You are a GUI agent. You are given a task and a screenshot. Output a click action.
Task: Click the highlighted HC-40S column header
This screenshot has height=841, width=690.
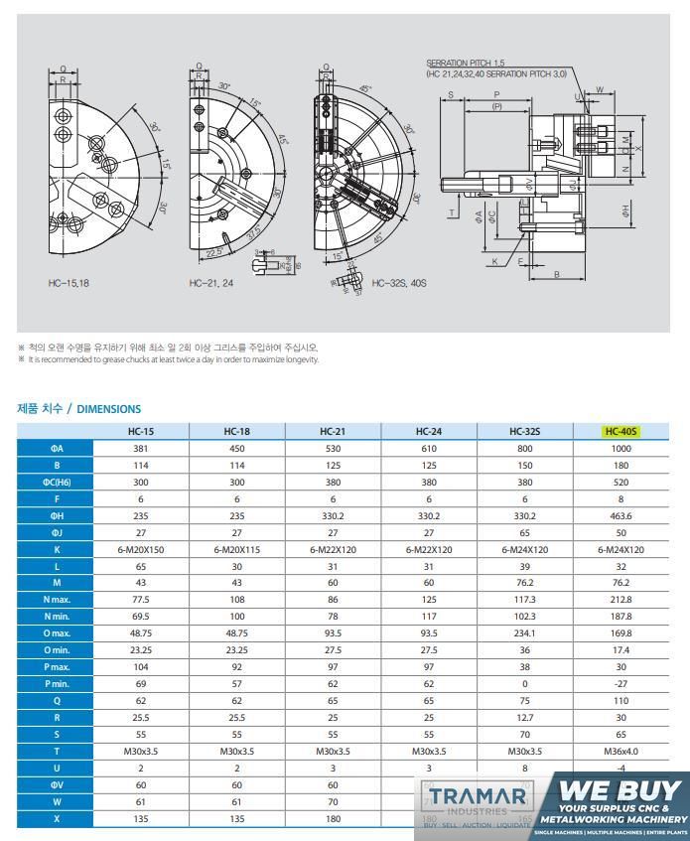(621, 432)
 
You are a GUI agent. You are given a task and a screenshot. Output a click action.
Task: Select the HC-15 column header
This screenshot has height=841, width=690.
(141, 432)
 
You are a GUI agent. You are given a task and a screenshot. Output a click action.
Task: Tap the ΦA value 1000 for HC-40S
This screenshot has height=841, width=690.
(621, 448)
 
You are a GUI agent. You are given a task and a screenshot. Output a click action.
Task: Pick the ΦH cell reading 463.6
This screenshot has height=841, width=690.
(621, 516)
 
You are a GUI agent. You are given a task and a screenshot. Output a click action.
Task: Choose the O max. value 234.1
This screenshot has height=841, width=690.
(525, 631)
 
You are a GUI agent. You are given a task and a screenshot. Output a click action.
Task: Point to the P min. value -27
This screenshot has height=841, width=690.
(621, 684)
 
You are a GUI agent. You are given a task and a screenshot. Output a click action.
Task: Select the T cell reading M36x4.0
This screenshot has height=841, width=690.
(621, 752)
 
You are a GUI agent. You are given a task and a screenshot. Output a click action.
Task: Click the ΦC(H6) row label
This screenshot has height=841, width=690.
(58, 482)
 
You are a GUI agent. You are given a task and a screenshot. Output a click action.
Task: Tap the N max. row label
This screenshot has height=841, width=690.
(58, 599)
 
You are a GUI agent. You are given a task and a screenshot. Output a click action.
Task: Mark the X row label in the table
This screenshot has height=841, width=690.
(58, 820)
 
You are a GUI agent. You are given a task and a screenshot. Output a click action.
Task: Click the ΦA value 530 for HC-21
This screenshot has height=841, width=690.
(333, 448)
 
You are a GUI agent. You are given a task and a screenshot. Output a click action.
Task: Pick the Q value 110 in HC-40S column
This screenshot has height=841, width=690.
(621, 701)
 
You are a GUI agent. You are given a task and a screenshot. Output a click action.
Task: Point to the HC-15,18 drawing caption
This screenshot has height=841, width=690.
(70, 283)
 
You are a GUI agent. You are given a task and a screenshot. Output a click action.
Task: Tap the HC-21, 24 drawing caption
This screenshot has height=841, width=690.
(210, 283)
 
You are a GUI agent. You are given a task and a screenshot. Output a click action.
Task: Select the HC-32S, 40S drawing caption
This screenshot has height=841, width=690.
(398, 283)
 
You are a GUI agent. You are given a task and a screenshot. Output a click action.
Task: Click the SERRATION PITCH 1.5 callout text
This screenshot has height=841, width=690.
(473, 63)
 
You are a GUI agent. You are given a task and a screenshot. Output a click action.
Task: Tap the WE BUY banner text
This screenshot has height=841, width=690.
(622, 792)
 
